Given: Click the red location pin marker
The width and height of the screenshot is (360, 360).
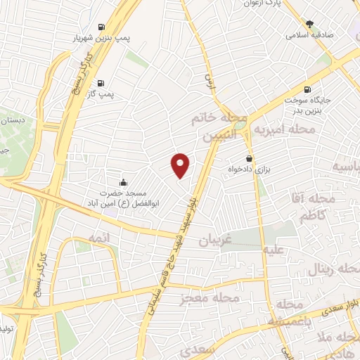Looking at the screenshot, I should [181, 165].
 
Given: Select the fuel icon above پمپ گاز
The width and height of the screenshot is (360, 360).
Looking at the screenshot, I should [103, 81].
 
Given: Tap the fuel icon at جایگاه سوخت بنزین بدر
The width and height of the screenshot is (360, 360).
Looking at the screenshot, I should [307, 89].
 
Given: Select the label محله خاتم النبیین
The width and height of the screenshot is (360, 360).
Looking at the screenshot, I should [219, 129].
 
